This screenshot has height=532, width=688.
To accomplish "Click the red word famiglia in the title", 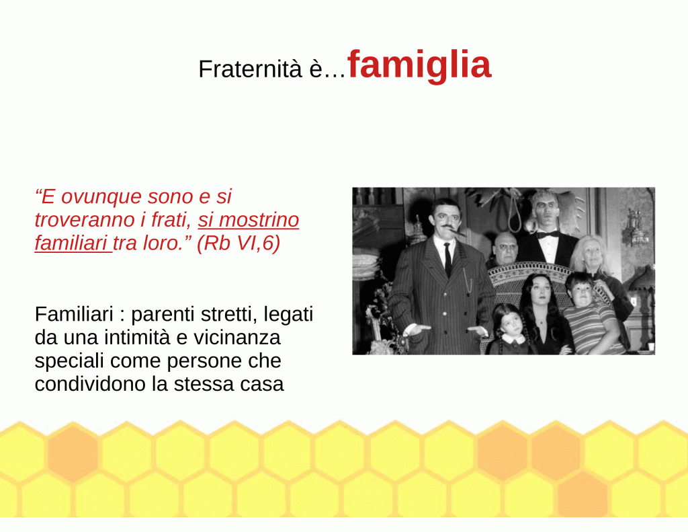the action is (419, 66).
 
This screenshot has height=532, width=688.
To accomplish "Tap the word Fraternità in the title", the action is (250, 69).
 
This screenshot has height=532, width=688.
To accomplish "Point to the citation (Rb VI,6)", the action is (239, 243).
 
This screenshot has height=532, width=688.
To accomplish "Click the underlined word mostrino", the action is (259, 220).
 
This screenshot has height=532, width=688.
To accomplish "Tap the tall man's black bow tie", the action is (548, 235).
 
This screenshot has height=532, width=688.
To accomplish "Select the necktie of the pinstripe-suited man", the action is (447, 259).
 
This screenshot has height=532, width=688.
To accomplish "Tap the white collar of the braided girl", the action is (513, 339).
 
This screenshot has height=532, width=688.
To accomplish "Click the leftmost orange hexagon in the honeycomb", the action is (73, 453).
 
